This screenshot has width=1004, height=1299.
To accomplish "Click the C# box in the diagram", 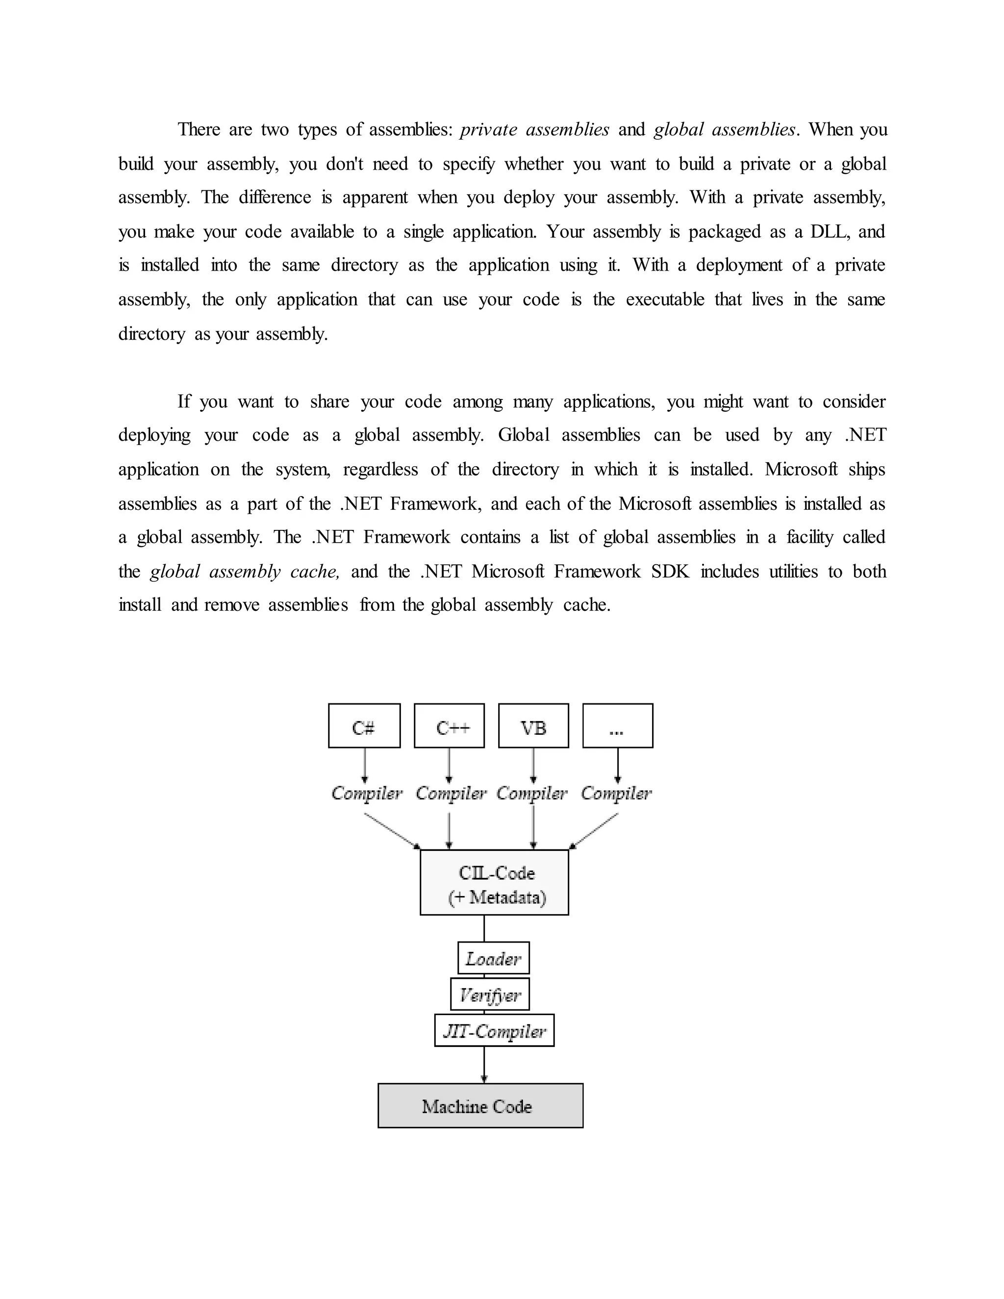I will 364,725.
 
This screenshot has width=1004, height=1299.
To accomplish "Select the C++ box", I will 449,725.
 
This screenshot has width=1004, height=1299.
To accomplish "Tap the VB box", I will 533,725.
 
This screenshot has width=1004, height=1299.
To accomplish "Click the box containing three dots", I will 617,725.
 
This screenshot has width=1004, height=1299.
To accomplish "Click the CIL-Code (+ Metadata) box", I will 494,884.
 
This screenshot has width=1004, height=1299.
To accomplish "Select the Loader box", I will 493,958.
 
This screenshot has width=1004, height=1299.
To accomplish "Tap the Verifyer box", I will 490,995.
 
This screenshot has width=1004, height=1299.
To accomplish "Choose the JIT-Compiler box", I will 494,1031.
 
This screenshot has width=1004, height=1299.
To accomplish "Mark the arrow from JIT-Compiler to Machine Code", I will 484,1065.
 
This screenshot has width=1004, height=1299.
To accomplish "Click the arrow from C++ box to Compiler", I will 449,766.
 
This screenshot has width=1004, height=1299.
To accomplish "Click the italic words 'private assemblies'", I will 534,130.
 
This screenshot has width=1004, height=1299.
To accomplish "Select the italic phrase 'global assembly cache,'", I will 245,572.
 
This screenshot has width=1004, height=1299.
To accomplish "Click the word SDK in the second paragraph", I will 670,572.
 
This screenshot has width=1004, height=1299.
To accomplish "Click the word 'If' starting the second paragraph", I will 184,401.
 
